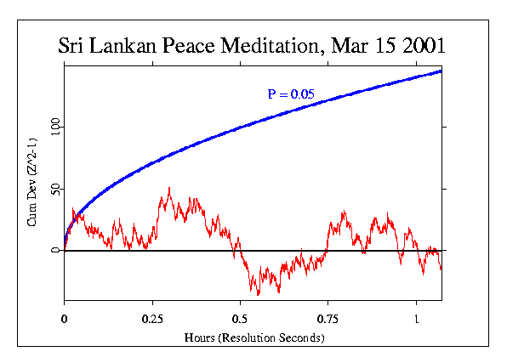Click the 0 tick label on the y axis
[57, 251]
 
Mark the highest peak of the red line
[170, 188]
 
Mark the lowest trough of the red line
[259, 294]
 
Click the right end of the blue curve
[441, 71]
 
